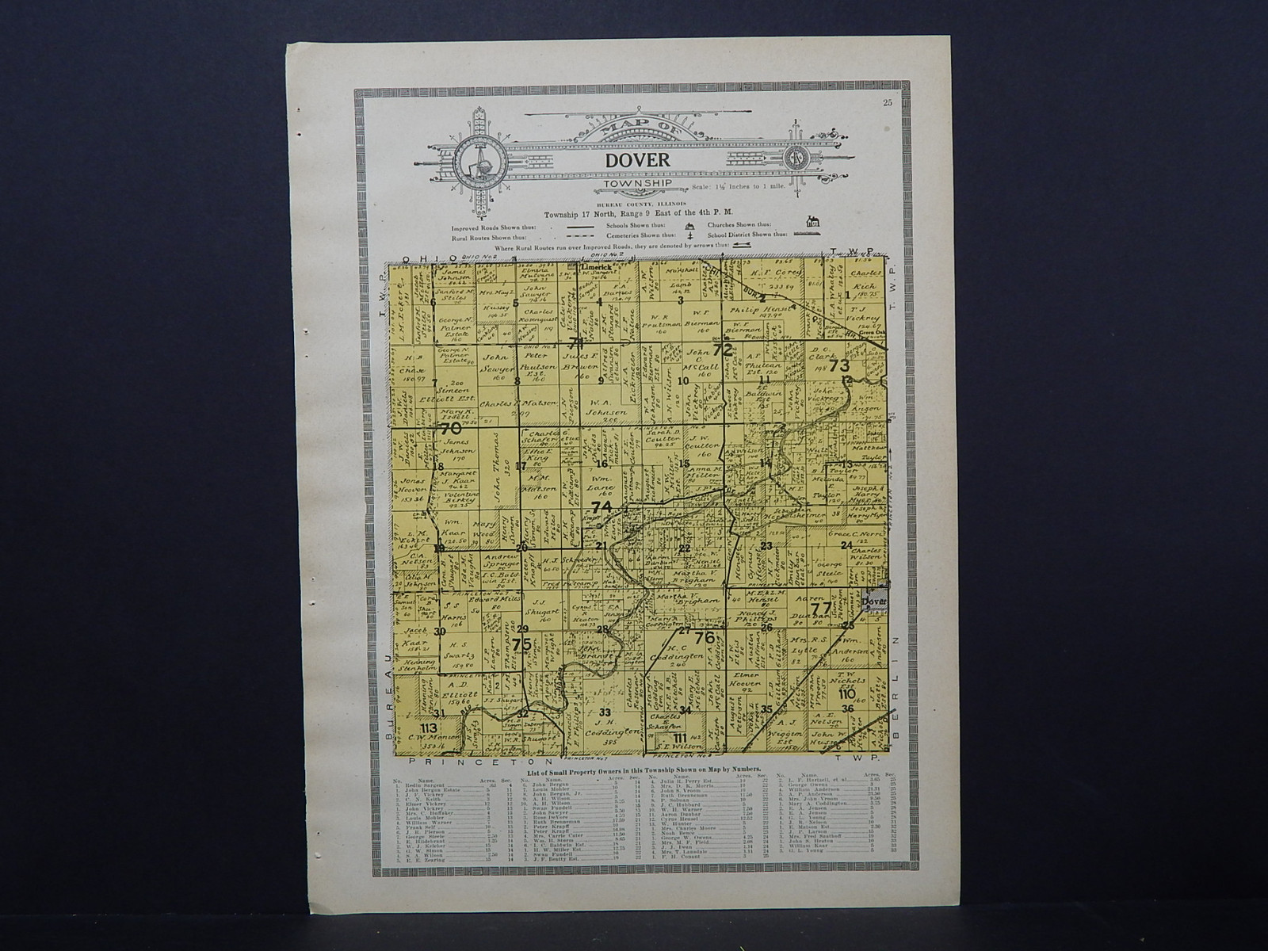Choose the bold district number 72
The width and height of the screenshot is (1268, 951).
click(x=722, y=349)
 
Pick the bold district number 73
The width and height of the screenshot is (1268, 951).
click(x=838, y=366)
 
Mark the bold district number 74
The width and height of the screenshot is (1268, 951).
click(x=602, y=507)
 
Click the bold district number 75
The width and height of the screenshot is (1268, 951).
click(x=521, y=644)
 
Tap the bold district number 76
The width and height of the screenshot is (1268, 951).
click(x=705, y=637)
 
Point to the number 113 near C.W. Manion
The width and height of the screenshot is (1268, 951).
click(x=429, y=728)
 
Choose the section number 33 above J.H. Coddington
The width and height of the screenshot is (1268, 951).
click(x=607, y=712)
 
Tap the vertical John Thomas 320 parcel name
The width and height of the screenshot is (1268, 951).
click(x=500, y=476)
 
